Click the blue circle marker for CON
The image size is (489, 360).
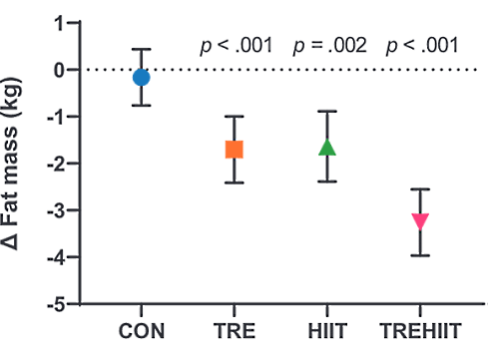coord(142,77)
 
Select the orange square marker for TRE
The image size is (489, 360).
coord(235,150)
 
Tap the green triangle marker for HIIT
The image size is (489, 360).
coord(327,147)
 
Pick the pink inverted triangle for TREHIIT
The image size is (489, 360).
coord(420,220)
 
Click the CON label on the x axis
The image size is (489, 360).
coord(142,332)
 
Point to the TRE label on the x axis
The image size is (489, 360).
coord(235,332)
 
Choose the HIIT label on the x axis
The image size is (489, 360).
coord(327,332)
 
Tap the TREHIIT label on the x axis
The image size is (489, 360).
coord(420,332)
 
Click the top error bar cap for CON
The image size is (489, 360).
coord(142,49)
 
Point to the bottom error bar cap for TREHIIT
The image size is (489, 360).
coord(420,255)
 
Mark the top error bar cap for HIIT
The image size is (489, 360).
coord(327,111)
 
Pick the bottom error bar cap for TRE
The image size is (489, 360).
coord(235,182)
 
